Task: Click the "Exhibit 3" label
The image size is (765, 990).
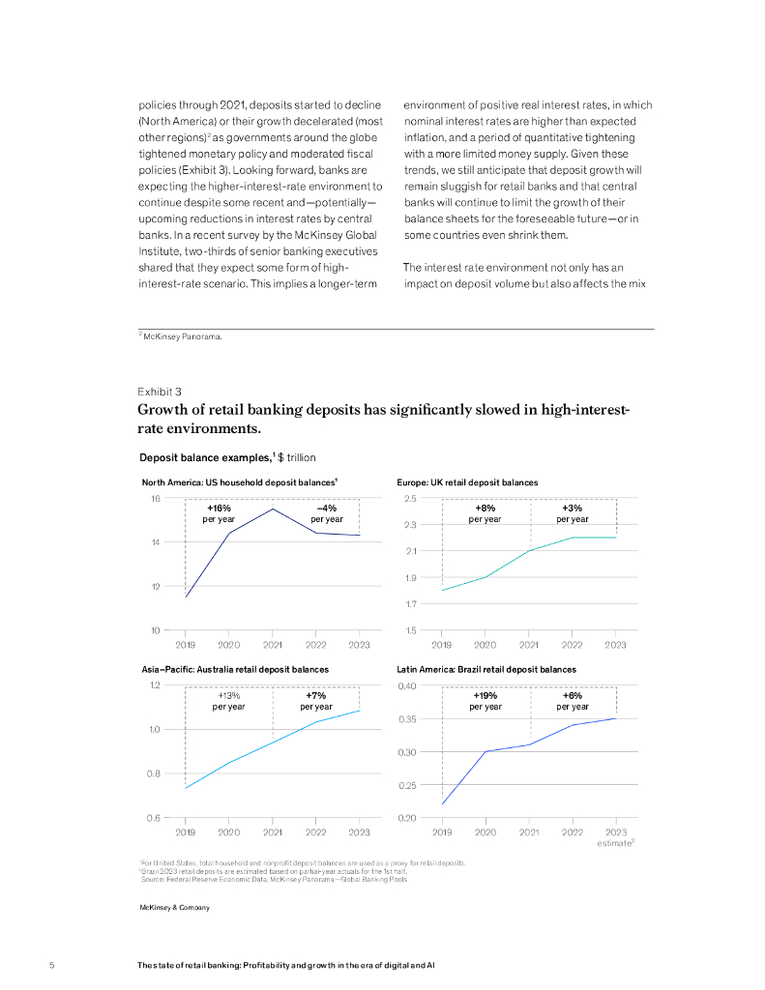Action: pyautogui.click(x=160, y=392)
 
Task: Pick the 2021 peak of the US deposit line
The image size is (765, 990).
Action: pyautogui.click(x=273, y=509)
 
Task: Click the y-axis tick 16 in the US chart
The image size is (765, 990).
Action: pyautogui.click(x=155, y=499)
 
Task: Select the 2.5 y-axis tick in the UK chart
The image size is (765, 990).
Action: pyautogui.click(x=410, y=499)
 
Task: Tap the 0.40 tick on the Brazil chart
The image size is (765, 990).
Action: pyautogui.click(x=408, y=685)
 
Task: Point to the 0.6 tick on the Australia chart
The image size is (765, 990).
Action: pyautogui.click(x=153, y=818)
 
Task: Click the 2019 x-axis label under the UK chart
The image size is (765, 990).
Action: pyautogui.click(x=442, y=644)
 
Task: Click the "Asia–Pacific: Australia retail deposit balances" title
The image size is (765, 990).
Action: pyautogui.click(x=235, y=669)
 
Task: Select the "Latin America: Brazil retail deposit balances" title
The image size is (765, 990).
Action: pyautogui.click(x=486, y=669)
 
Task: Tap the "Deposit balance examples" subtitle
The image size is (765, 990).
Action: pyautogui.click(x=204, y=457)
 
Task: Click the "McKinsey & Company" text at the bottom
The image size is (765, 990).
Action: pyautogui.click(x=175, y=908)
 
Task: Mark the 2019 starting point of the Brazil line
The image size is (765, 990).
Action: pyautogui.click(x=442, y=803)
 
